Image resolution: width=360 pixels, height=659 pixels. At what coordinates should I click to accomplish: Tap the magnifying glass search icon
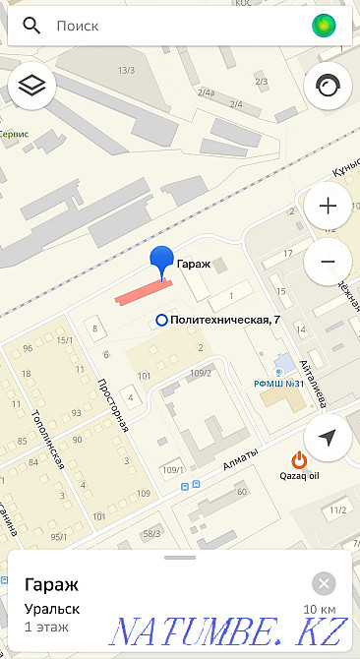click(31, 27)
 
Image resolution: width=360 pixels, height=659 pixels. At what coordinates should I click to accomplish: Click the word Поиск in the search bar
click(78, 27)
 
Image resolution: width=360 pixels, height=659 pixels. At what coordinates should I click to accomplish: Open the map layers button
click(32, 87)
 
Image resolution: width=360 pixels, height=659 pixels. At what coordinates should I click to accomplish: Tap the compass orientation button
click(328, 87)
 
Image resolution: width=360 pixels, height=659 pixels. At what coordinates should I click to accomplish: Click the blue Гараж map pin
click(161, 261)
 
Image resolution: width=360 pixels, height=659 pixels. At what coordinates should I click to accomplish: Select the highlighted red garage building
click(143, 290)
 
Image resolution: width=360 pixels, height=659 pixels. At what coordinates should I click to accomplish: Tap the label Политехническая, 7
click(225, 320)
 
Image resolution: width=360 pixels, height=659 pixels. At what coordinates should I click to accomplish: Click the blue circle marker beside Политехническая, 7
click(161, 320)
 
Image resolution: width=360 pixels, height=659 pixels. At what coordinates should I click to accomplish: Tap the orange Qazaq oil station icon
click(299, 458)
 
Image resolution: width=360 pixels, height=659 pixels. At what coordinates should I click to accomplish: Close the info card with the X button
click(323, 581)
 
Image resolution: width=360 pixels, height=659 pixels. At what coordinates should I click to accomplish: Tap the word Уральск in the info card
click(52, 610)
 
